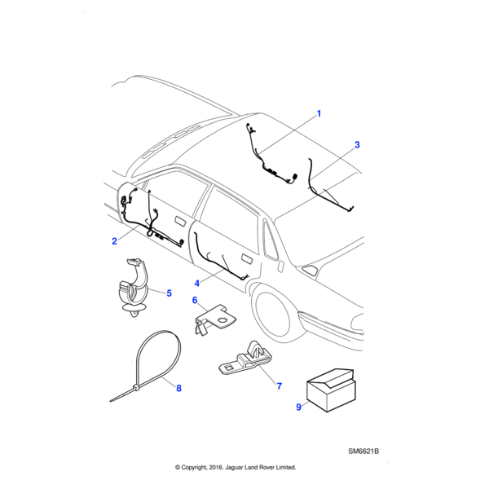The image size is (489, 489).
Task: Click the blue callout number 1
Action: click(319, 113)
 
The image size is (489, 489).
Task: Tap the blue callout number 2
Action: click(114, 241)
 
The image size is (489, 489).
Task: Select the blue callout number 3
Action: click(357, 145)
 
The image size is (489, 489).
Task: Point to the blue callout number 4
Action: click(196, 284)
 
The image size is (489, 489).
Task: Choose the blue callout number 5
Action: click(169, 293)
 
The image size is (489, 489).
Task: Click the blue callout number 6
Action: click(195, 300)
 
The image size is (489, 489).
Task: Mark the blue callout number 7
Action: click(279, 386)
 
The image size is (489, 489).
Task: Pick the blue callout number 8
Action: click(178, 388)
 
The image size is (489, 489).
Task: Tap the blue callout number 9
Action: click(298, 407)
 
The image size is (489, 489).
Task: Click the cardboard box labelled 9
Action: click(331, 390)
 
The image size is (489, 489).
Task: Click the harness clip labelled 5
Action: click(134, 288)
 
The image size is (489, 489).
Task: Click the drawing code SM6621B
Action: click(363, 452)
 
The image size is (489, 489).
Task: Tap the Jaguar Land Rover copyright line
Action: click(236, 467)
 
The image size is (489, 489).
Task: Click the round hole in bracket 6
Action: click(223, 319)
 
